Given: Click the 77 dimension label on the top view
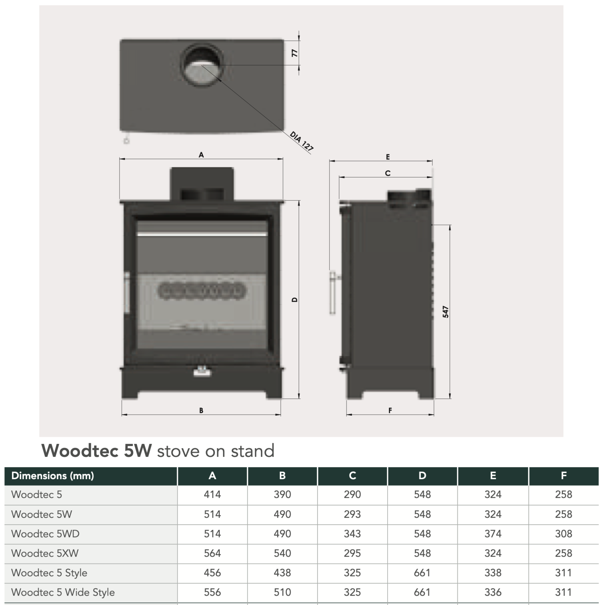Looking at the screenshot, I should point(295,53).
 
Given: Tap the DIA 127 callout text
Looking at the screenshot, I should point(301,141).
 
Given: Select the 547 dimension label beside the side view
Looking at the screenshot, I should point(445,312).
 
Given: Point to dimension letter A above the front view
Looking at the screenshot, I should point(201,155).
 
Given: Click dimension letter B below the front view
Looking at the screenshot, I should point(201,411).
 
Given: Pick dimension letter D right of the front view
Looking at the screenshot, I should point(295,300).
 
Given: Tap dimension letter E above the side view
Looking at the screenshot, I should point(388,157).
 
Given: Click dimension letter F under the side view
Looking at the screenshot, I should point(390,411).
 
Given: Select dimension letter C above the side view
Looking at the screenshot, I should point(388,173).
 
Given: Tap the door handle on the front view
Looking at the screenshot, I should point(127,292).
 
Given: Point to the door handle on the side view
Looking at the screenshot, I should point(332,292).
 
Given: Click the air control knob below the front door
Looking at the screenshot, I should point(202,372).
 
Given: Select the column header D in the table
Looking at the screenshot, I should point(422,476).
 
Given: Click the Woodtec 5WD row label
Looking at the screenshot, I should point(45,534).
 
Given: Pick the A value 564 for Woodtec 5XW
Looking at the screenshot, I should point(212,553).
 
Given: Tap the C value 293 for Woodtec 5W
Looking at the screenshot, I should point(352,514).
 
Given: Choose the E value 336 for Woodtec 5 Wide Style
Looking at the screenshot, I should point(493,592).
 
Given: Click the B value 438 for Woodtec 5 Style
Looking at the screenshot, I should point(282,573).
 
